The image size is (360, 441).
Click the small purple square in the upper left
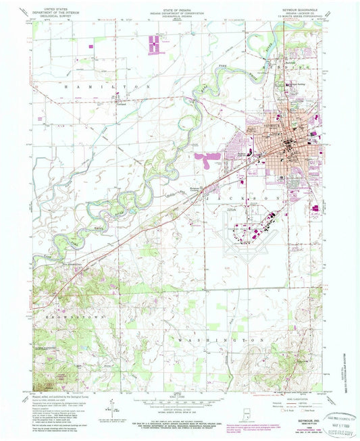(92, 46)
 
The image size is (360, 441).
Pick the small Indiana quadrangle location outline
(247, 413)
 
